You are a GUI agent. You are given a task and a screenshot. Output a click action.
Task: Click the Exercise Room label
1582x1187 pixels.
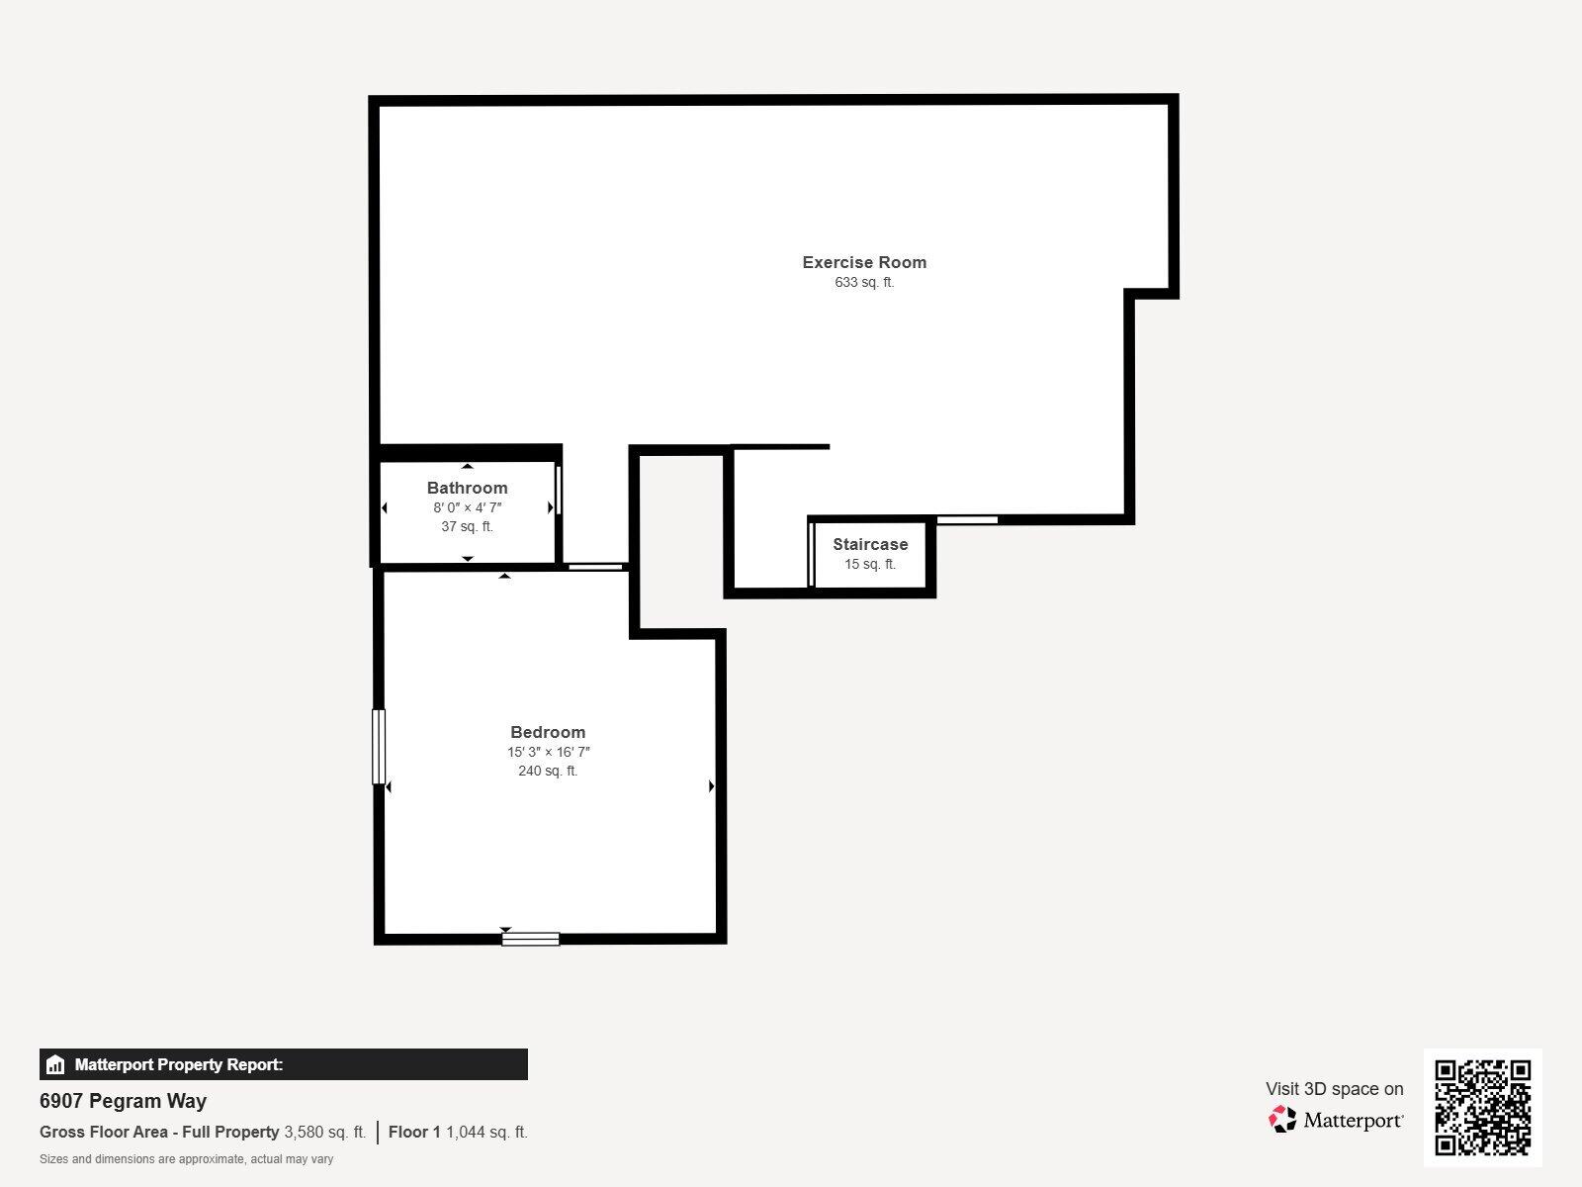click(864, 262)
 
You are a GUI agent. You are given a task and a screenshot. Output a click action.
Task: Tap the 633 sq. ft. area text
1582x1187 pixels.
click(864, 282)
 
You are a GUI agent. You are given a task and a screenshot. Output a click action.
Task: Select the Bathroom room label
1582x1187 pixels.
click(467, 488)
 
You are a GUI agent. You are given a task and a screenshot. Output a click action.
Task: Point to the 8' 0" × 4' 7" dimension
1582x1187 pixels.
click(467, 507)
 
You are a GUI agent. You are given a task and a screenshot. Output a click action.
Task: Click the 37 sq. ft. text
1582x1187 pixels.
click(467, 526)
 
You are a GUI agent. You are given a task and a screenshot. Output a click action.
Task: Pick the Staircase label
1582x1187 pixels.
click(870, 544)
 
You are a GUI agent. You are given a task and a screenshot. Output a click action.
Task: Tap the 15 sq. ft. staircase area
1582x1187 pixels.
click(870, 564)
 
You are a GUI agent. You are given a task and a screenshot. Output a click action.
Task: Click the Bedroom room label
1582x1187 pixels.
click(548, 732)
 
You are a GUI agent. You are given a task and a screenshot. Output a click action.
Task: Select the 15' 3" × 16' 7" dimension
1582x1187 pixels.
click(548, 752)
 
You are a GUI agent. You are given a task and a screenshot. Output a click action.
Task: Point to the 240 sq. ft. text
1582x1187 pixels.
click(548, 771)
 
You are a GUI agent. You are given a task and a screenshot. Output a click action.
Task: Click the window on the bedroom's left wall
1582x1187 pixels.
click(379, 747)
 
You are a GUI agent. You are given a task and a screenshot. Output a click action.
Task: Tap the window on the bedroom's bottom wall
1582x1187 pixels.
click(530, 939)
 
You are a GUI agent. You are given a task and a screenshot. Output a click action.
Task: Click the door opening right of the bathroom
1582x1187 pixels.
click(595, 567)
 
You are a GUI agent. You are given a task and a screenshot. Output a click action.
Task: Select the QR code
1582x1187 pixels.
click(1482, 1107)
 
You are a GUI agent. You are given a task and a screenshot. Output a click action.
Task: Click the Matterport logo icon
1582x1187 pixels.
click(1282, 1120)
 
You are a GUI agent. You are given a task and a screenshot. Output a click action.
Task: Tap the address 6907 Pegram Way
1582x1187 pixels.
click(123, 1101)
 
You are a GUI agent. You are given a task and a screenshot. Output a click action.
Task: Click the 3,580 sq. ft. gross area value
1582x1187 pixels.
click(324, 1132)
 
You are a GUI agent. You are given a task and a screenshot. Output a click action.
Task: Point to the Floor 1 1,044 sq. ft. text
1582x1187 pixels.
click(458, 1132)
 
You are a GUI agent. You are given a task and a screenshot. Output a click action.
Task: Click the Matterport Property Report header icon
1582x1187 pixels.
click(55, 1065)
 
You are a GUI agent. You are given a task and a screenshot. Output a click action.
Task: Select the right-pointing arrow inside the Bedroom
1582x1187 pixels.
click(711, 786)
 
